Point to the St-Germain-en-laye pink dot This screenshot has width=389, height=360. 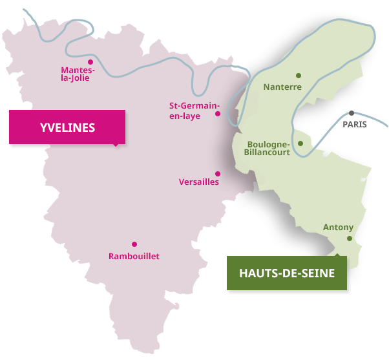point(218,114)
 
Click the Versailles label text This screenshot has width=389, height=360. point(198,182)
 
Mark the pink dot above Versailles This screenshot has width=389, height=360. point(218,173)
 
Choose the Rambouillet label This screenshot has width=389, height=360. point(134,257)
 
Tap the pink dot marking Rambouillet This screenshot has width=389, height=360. point(134,244)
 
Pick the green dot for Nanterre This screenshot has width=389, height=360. point(298,75)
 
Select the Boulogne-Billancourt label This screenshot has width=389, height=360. point(269,149)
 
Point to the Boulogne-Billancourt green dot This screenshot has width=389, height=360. point(300,143)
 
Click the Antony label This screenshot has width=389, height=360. point(338,228)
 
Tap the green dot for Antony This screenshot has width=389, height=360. point(349,238)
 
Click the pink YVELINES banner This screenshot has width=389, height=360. point(67,127)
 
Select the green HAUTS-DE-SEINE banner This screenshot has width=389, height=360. point(287,273)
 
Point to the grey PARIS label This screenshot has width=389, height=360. point(354,124)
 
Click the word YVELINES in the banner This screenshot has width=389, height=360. point(67,127)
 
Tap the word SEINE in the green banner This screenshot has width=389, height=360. point(319,273)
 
